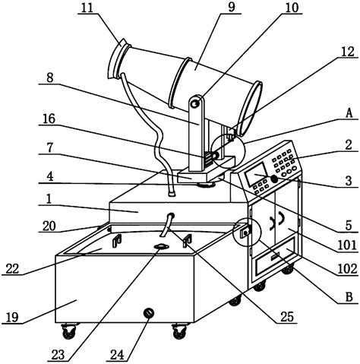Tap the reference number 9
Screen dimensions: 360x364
[231, 7]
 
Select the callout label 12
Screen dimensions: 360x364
[347, 52]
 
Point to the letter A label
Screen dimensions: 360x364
[349, 113]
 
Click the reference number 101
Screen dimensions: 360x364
[347, 245]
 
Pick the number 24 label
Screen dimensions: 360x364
[118, 355]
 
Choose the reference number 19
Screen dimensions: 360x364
[12, 317]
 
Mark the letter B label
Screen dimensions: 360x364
[349, 297]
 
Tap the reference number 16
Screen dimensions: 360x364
[49, 119]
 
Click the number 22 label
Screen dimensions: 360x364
[12, 268]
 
